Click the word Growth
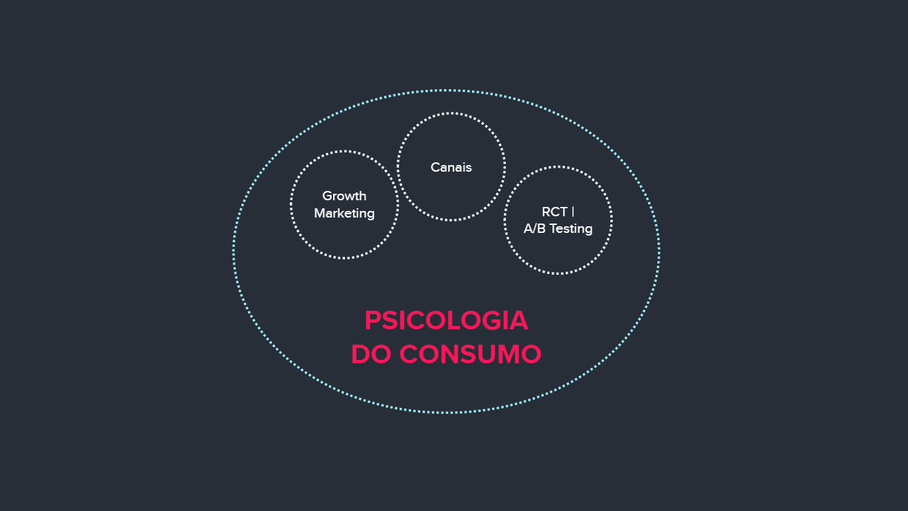pyautogui.click(x=344, y=196)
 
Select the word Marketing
pyautogui.click(x=344, y=214)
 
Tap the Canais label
pyautogui.click(x=451, y=168)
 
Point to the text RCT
pyautogui.click(x=554, y=212)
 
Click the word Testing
pyautogui.click(x=570, y=229)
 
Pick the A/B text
pyautogui.click(x=534, y=229)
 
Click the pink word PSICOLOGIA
pyautogui.click(x=446, y=321)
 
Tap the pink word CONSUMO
pyautogui.click(x=470, y=354)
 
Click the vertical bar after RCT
pyautogui.click(x=573, y=212)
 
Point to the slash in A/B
pyautogui.click(x=534, y=229)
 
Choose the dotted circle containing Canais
pyautogui.click(x=451, y=114)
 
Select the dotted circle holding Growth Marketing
pyautogui.click(x=344, y=152)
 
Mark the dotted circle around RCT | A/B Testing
pyautogui.click(x=558, y=168)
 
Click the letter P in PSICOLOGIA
pyautogui.click(x=372, y=321)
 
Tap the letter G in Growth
pyautogui.click(x=327, y=196)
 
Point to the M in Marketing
pyautogui.click(x=320, y=214)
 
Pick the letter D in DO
pyautogui.click(x=361, y=354)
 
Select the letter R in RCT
pyautogui.click(x=546, y=212)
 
